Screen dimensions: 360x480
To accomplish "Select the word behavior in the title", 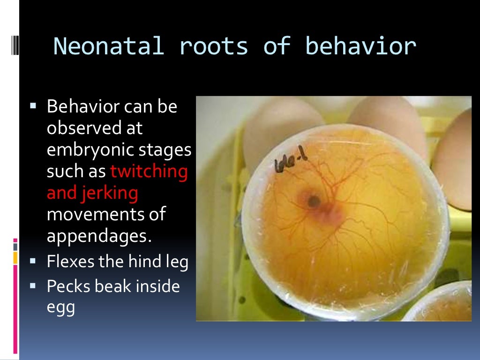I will [360, 46].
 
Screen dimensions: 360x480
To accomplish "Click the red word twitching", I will [149, 172].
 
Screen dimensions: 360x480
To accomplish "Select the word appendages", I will [99, 236].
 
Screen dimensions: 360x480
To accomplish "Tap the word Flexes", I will [70, 261].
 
